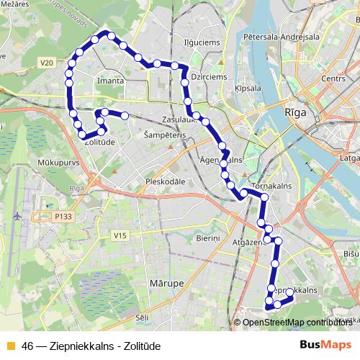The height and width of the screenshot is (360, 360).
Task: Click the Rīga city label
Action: tap(296, 112)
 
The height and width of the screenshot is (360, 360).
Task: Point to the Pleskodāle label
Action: tap(166, 181)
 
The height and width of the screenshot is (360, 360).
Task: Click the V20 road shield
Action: tap(48, 63)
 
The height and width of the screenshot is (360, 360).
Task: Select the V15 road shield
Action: tap(120, 236)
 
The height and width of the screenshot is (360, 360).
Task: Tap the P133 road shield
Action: tap(63, 215)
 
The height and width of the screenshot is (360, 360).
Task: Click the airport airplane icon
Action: tap(17, 215)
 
